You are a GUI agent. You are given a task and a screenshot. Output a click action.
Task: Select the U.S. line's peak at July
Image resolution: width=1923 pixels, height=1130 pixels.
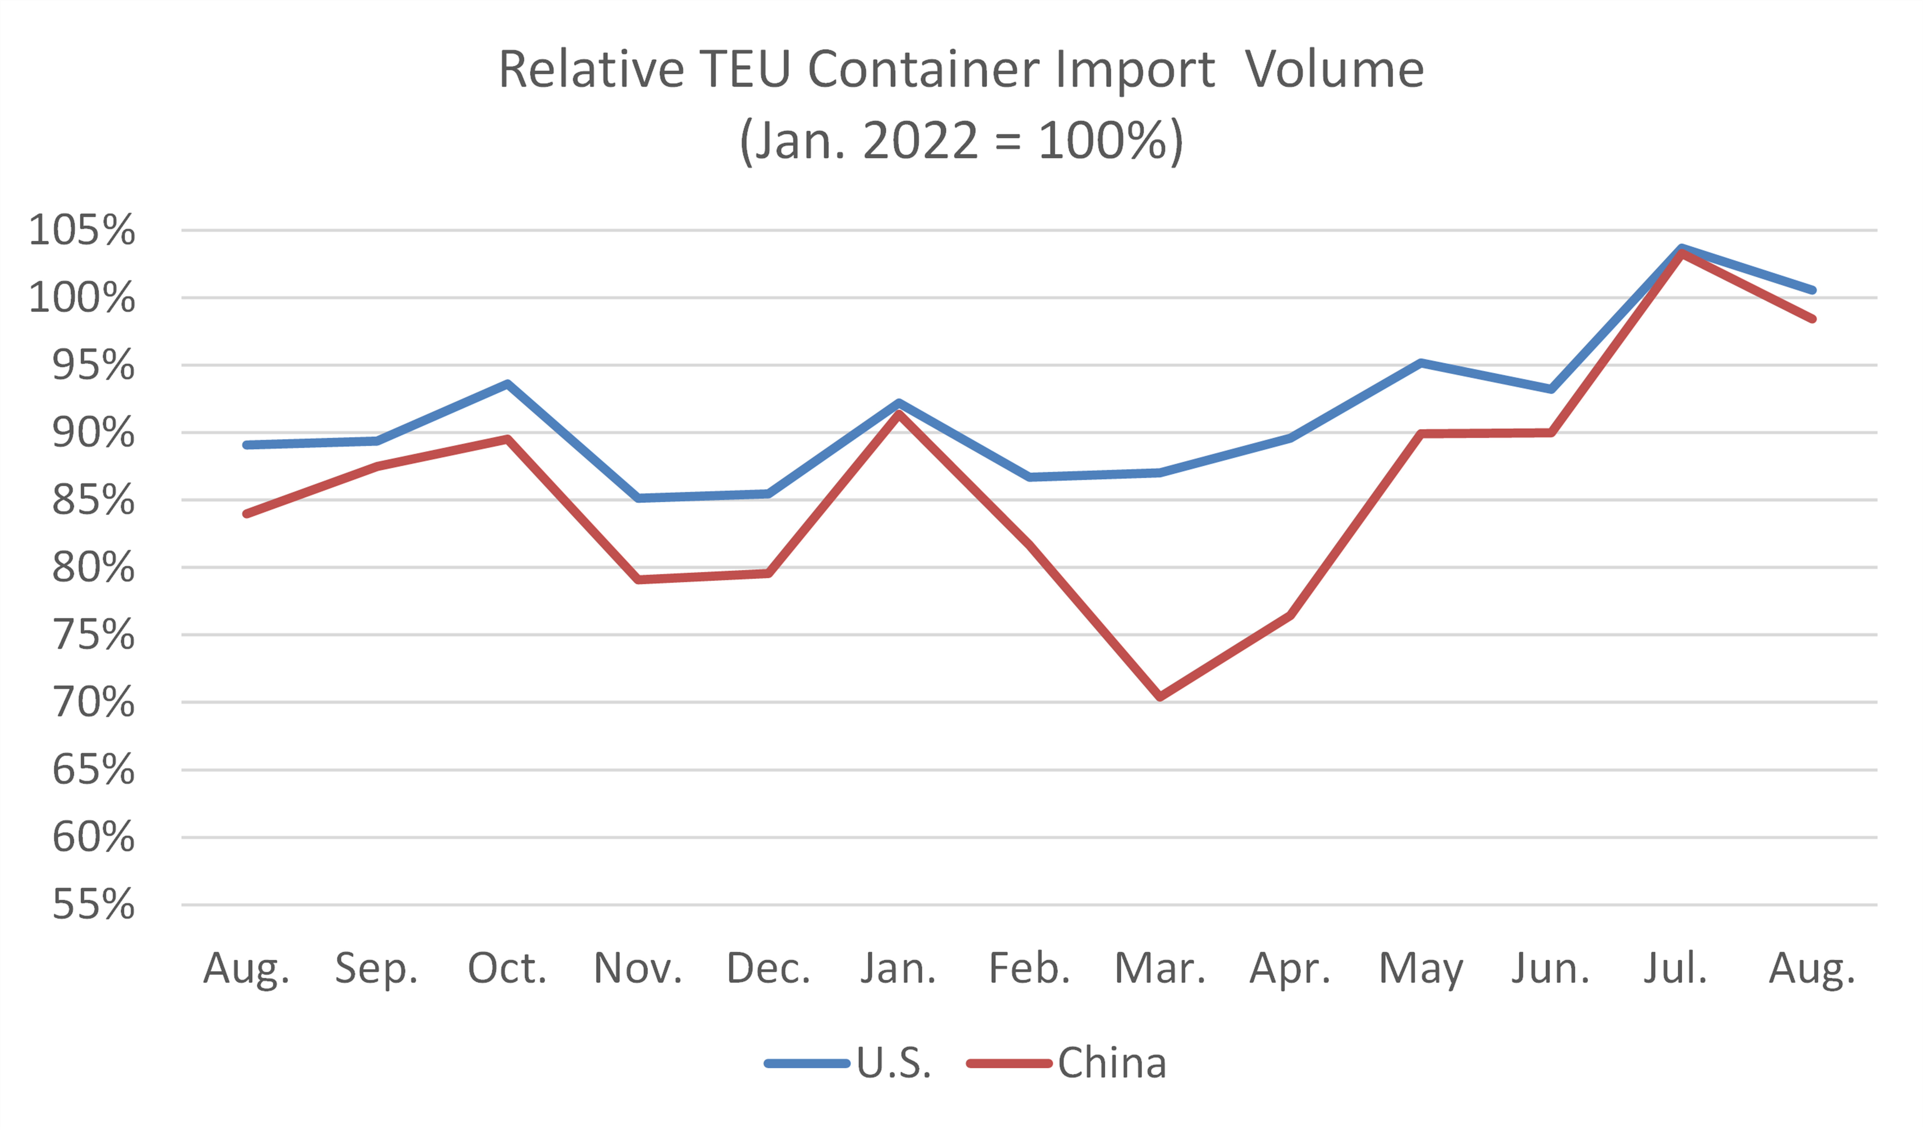click(x=1682, y=247)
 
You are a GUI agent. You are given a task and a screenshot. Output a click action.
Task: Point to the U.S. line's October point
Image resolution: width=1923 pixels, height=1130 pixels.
click(x=507, y=384)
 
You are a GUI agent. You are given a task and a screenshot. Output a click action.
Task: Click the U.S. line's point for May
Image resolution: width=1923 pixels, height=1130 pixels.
click(x=1421, y=363)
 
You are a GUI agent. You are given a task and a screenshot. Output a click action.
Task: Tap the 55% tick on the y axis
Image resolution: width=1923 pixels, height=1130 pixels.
click(x=93, y=905)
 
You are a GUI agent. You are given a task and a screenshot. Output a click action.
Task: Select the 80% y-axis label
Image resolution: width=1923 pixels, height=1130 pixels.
click(x=93, y=568)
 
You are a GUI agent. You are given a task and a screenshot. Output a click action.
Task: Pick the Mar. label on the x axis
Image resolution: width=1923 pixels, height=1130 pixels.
click(x=1160, y=969)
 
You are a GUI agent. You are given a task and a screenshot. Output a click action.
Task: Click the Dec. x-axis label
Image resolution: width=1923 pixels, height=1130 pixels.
click(x=769, y=969)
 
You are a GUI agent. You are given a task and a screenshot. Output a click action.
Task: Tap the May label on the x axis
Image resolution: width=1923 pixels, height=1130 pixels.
click(x=1421, y=969)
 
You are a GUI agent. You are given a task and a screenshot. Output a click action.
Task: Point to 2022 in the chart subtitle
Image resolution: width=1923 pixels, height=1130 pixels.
click(x=920, y=141)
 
